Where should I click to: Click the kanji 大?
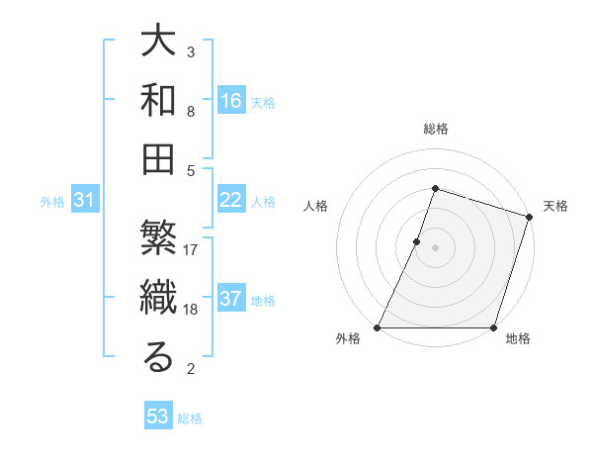click(158, 44)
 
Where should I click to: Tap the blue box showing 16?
click(230, 101)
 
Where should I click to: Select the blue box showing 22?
click(230, 201)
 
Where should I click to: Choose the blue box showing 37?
click(230, 300)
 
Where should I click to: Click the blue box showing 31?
click(85, 201)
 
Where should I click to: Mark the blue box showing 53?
click(158, 417)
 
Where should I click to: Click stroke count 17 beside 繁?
click(191, 250)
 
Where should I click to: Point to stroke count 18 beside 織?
click(191, 310)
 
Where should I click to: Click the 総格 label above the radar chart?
click(435, 129)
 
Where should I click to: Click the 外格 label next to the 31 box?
click(52, 202)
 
